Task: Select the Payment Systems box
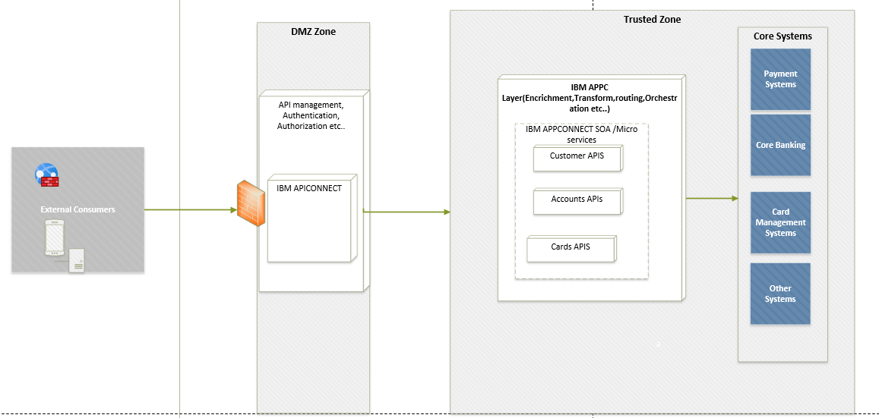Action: (x=780, y=80)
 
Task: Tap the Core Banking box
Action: (x=780, y=145)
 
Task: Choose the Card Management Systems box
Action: (x=780, y=222)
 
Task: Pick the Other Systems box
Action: (x=780, y=294)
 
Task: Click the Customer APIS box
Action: (x=577, y=157)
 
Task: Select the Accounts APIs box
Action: (x=577, y=200)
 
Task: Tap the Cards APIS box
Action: (x=571, y=248)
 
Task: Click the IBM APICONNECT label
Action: (x=309, y=188)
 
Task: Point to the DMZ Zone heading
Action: (x=313, y=32)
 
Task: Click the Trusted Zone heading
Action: (x=652, y=20)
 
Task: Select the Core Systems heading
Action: (x=783, y=36)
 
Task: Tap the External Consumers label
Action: (x=77, y=209)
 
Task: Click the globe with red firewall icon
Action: (x=46, y=176)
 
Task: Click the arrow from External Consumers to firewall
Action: (x=190, y=210)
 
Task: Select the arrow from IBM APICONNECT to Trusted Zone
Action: (x=406, y=212)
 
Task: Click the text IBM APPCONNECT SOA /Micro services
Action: (x=581, y=134)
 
